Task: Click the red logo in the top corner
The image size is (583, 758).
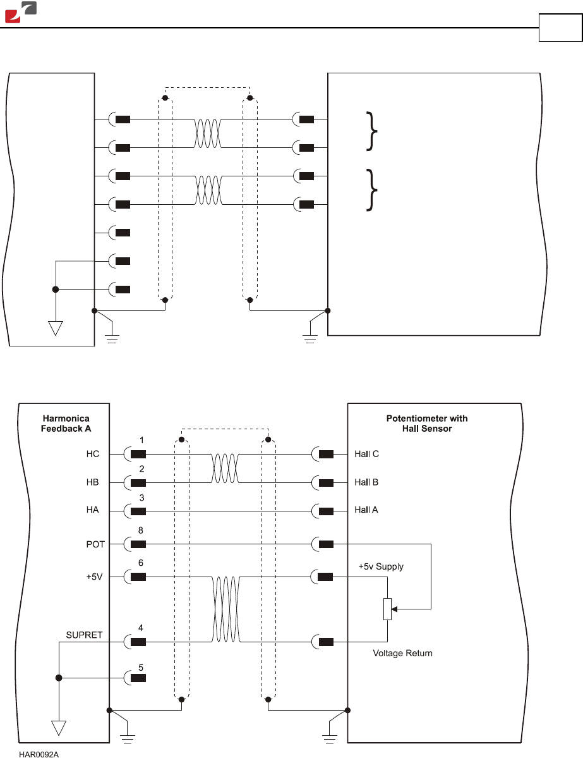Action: tap(20, 11)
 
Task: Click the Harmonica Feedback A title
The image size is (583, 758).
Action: tap(66, 424)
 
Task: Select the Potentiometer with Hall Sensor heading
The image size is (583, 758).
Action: tap(427, 424)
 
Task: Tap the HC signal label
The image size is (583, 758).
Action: tap(93, 454)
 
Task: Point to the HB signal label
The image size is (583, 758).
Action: tap(92, 482)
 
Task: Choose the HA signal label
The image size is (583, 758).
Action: tap(92, 510)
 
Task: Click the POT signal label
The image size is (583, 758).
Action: tap(95, 544)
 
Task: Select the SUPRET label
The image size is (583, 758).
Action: tap(84, 635)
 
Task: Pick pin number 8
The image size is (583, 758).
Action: tap(141, 530)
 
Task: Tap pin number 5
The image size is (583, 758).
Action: tap(141, 668)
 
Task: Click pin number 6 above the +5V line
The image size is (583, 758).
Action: tap(141, 563)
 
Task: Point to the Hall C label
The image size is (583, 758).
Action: tap(366, 454)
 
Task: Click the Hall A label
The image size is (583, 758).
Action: tap(366, 510)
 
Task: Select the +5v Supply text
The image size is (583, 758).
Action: tap(381, 566)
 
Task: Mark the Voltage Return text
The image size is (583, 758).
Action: tap(402, 653)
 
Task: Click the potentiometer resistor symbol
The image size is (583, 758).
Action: tap(387, 609)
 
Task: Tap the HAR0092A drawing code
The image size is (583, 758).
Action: tap(39, 754)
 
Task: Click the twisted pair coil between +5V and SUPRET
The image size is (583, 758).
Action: tap(225, 609)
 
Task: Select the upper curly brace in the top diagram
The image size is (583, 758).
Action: tap(371, 131)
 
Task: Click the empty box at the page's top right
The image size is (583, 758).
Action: tap(560, 28)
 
